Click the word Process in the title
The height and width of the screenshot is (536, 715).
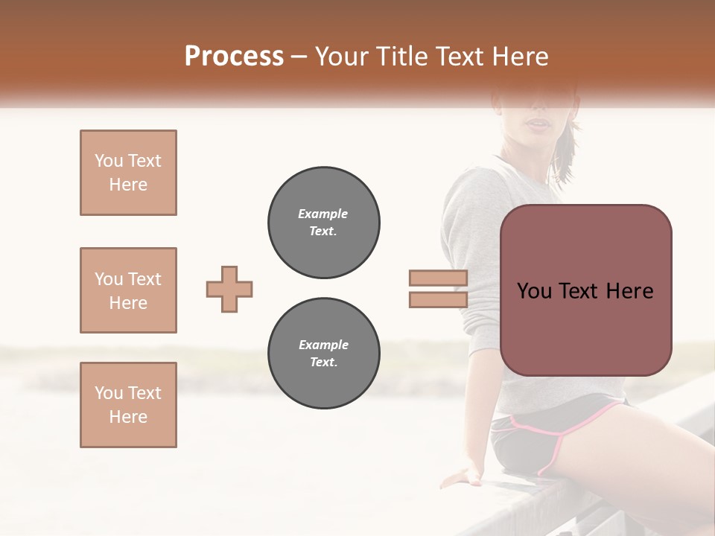coord(234,56)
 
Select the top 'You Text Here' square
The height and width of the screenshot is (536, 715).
coord(128,173)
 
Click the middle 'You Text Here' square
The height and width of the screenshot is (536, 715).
coord(128,290)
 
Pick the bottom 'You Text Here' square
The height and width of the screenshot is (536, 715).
coord(128,405)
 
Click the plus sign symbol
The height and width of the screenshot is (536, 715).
coord(229,289)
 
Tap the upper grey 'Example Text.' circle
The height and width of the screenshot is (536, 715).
coord(324,222)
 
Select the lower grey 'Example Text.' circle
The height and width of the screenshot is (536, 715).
coord(324,353)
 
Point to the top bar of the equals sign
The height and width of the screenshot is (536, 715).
coord(438,278)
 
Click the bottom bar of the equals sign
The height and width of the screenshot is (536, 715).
coord(438,299)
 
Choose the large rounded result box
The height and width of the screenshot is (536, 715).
coord(586,290)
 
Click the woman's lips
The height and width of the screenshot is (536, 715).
coord(538,124)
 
